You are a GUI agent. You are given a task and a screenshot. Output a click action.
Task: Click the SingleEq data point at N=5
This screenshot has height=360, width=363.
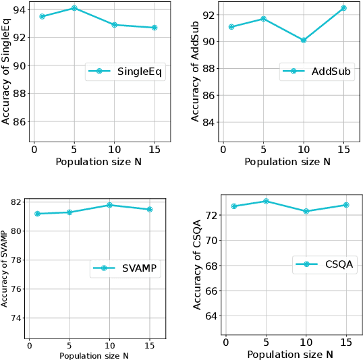pos(74,8)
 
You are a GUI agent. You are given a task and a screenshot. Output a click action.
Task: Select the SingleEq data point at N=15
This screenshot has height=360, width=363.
pos(155,28)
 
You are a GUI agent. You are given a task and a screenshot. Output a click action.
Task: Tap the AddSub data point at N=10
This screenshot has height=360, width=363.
pos(304,40)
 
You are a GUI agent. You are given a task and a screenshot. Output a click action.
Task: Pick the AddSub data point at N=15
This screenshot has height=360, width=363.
pos(343,8)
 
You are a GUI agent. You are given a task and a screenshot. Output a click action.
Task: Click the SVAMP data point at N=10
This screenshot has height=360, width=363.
pos(110,205)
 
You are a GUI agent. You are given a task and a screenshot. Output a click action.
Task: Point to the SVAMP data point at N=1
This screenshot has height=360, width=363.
pos(38,214)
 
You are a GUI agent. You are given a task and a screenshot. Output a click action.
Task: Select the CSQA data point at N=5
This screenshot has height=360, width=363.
pos(265,201)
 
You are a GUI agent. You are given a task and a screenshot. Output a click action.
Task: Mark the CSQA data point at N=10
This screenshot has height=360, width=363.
pos(306,211)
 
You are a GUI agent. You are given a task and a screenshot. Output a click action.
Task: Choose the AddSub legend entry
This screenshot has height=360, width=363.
pos(317,72)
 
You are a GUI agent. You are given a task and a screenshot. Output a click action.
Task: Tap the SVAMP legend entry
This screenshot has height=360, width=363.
pos(125,268)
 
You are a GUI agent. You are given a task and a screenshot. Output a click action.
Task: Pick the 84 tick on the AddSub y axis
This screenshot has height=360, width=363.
pos(210,122)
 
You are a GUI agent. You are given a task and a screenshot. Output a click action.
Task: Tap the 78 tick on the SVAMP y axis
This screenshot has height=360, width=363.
pos(18,260)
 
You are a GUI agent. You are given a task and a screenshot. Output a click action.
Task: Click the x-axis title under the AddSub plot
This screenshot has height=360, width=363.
pos(287,161)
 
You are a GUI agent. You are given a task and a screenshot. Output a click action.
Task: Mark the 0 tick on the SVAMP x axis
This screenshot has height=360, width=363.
pos(29,345)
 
